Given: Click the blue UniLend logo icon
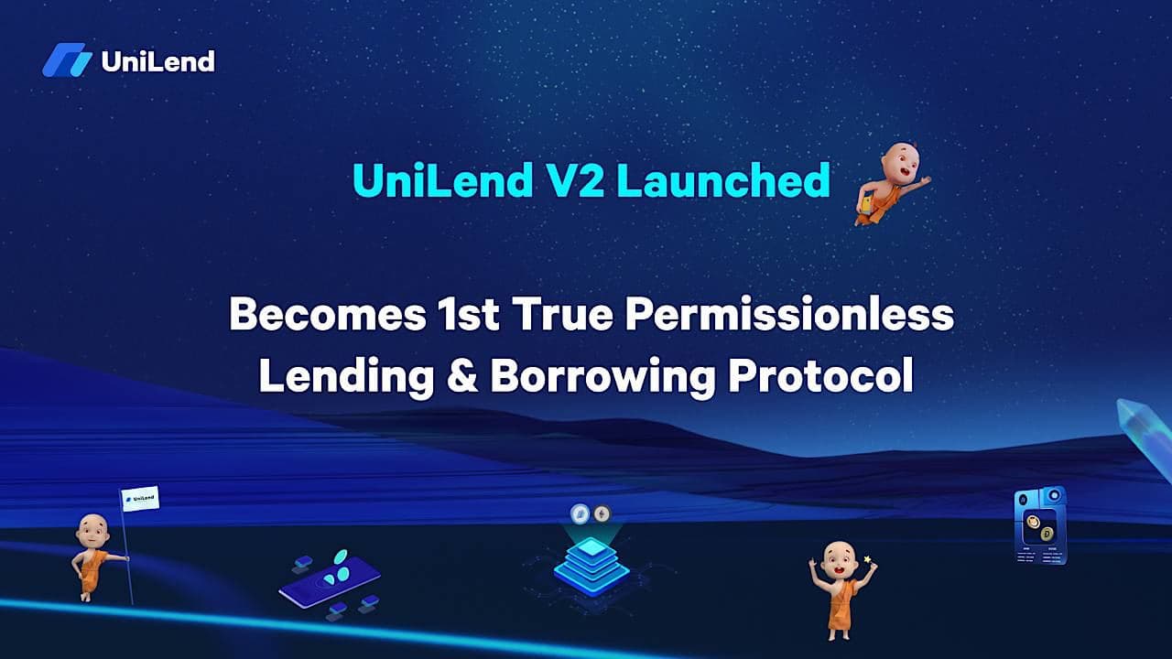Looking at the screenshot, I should [x=67, y=61].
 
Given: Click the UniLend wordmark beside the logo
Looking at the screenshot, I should [x=157, y=61].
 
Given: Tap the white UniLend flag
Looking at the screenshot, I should [x=140, y=499].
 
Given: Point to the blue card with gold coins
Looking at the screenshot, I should [x=1040, y=525].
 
